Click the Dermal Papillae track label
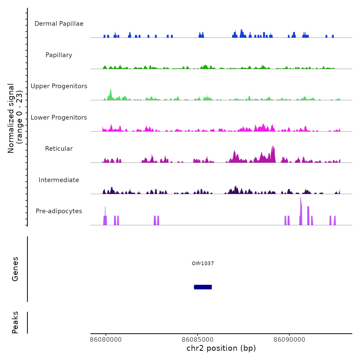pyautogui.click(x=59, y=24)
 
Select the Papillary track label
pyautogui.click(x=59, y=55)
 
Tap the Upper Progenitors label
pyautogui.click(x=59, y=86)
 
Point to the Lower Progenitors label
pyautogui.click(x=59, y=118)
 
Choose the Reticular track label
pyautogui.click(x=59, y=149)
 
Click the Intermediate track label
pyautogui.click(x=59, y=180)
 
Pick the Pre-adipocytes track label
pyautogui.click(x=59, y=211)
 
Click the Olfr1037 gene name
pyautogui.click(x=203, y=263)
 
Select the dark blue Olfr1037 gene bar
pyautogui.click(x=203, y=287)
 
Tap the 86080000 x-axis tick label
pyautogui.click(x=106, y=339)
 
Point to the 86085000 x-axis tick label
pyautogui.click(x=197, y=339)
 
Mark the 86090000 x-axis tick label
pyautogui.click(x=289, y=339)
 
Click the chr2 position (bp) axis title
pyautogui.click(x=221, y=348)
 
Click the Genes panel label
pyautogui.click(x=15, y=269)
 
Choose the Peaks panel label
pyautogui.click(x=15, y=322)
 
